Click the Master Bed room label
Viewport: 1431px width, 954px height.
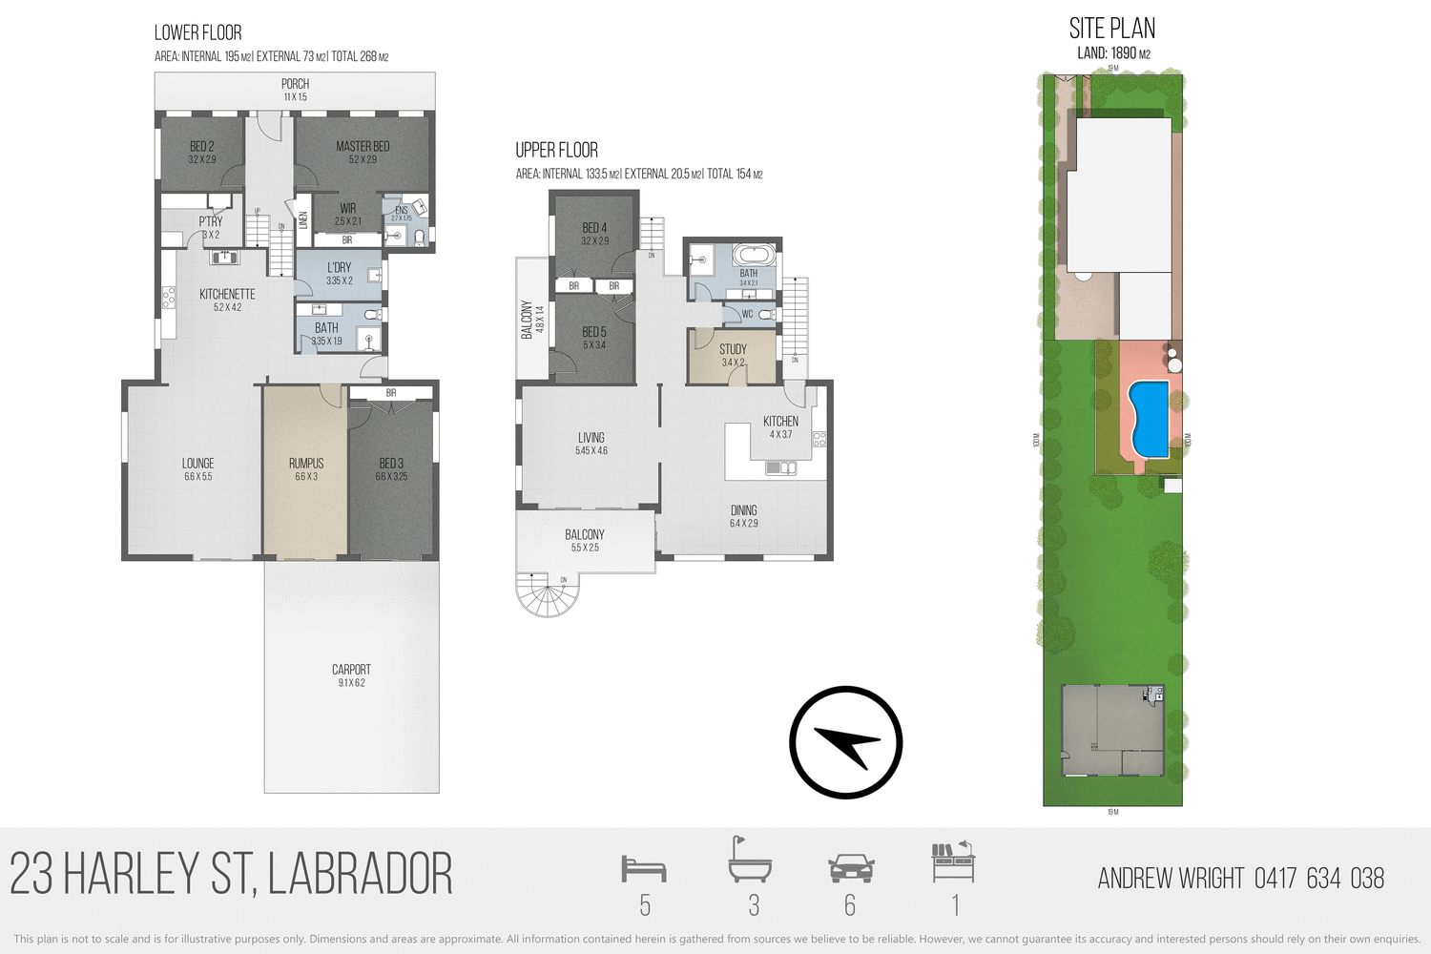[363, 147]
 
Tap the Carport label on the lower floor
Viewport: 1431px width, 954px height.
[351, 670]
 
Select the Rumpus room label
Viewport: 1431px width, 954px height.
[306, 464]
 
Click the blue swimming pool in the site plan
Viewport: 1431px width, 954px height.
[1149, 418]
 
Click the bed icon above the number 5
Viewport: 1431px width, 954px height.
[644, 868]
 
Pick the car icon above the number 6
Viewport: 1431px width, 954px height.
[851, 868]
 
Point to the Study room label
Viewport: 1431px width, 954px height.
[733, 349]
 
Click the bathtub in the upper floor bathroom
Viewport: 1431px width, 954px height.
[754, 256]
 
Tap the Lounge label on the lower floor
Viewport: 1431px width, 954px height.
[198, 464]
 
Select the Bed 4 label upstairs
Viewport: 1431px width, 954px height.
[594, 228]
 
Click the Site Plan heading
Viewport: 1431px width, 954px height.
[1112, 29]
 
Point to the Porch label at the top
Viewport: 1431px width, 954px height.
[295, 84]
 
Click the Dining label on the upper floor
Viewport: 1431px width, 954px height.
[743, 510]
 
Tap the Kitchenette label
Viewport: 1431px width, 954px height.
[227, 294]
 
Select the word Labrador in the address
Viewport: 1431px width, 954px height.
[360, 875]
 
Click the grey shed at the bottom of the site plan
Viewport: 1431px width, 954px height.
[1112, 731]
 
